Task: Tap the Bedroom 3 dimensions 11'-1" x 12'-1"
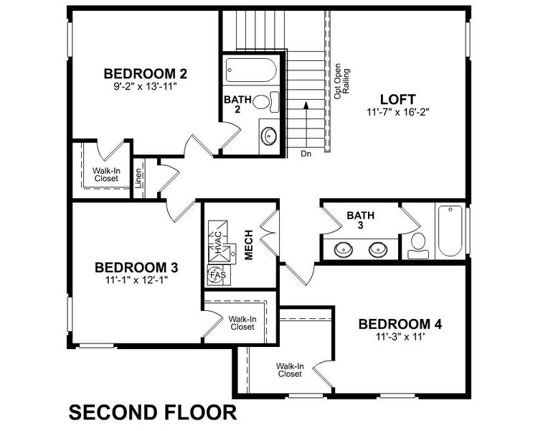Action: click(136, 281)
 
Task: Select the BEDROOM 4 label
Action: click(400, 324)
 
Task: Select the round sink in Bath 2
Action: click(268, 134)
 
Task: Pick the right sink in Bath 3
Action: click(378, 250)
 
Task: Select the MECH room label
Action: click(249, 245)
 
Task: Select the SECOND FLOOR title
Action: click(153, 412)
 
